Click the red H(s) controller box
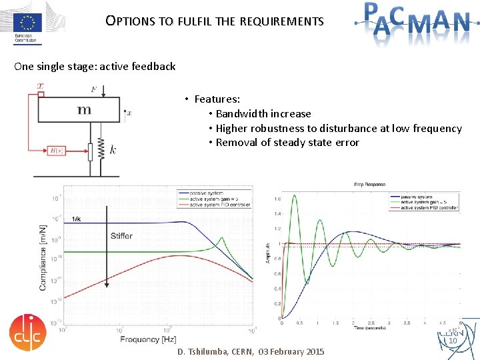tap(57, 150)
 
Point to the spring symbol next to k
tap(100, 150)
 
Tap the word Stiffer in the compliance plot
tap(121, 235)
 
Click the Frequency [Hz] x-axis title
tap(149, 339)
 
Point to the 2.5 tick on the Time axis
tap(370, 323)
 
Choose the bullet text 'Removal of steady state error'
tap(287, 142)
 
